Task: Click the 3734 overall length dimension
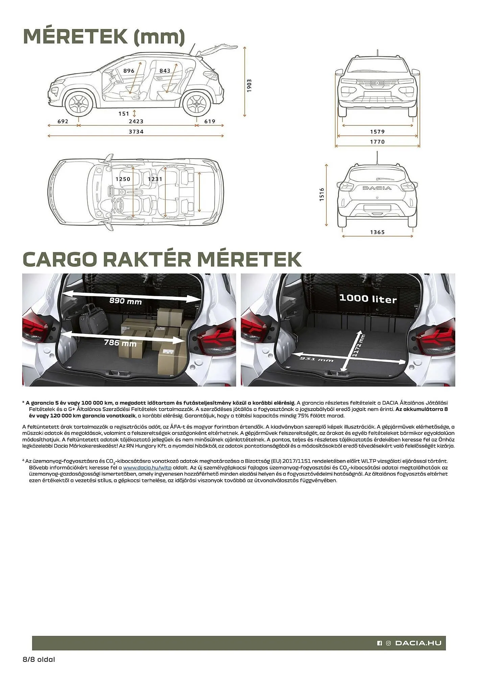[x=136, y=131]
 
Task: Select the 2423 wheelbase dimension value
[x=136, y=121]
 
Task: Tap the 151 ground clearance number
[x=124, y=114]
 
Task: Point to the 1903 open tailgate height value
[x=249, y=86]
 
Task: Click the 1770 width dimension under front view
[x=377, y=142]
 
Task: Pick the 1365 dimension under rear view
[x=377, y=232]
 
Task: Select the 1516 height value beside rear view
[x=322, y=195]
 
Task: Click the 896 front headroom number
[x=129, y=71]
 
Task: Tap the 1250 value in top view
[x=123, y=179]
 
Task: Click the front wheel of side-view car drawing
[x=79, y=104]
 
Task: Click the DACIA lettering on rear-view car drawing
[x=377, y=188]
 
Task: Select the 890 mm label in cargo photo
[x=125, y=301]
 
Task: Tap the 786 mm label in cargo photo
[x=120, y=343]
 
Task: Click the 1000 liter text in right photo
[x=368, y=299]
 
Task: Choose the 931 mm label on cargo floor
[x=316, y=359]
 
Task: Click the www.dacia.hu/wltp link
[x=147, y=468]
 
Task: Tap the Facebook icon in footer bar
[x=379, y=643]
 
